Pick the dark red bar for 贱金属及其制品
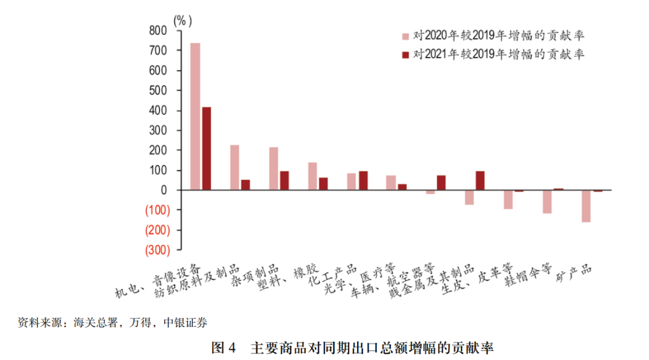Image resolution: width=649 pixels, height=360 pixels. (x=480, y=180)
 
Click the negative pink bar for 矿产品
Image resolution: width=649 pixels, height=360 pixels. (x=586, y=206)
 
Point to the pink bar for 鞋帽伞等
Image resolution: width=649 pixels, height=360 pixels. (x=547, y=201)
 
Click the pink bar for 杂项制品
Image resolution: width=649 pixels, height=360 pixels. (x=273, y=168)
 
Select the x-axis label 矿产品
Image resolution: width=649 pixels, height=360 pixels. (x=574, y=276)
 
